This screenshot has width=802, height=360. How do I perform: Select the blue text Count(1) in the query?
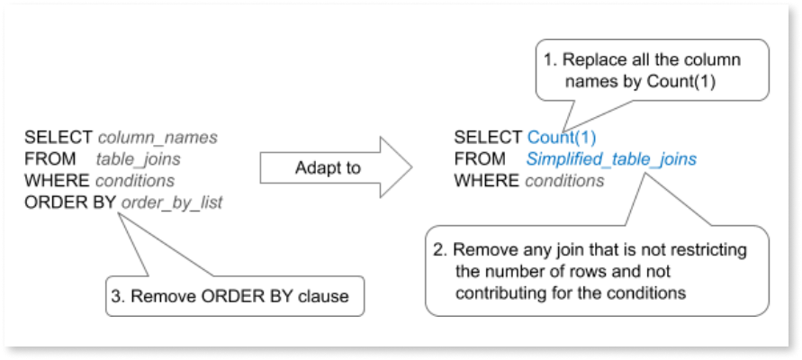pyautogui.click(x=562, y=138)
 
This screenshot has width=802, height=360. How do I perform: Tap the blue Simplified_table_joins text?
pyautogui.click(x=611, y=159)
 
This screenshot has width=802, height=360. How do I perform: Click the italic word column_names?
pyautogui.click(x=158, y=138)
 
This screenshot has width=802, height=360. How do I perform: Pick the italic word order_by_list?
pyautogui.click(x=170, y=202)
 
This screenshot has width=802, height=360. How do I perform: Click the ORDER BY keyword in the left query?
pyautogui.click(x=68, y=202)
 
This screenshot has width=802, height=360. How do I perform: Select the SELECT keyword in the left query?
pyautogui.click(x=59, y=138)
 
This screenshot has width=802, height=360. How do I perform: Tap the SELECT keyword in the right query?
pyautogui.click(x=488, y=138)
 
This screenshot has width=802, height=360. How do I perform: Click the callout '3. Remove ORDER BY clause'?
pyautogui.click(x=235, y=296)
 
